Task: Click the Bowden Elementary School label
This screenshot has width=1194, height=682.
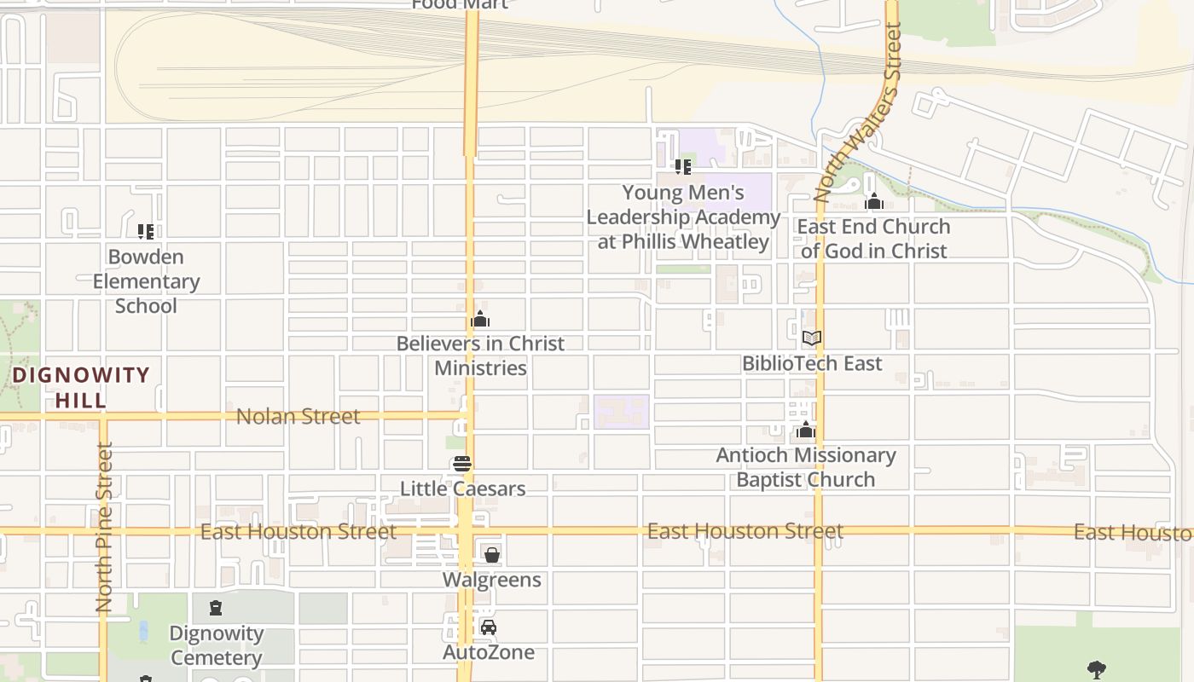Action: [146, 281]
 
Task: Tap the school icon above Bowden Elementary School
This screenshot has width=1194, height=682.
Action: [146, 231]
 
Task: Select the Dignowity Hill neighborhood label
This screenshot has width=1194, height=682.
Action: [81, 387]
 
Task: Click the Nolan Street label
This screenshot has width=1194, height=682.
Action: [298, 417]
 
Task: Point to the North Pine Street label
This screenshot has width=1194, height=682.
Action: [104, 529]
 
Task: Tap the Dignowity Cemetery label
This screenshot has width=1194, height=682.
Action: [216, 645]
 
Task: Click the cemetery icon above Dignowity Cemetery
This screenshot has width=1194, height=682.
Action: [216, 608]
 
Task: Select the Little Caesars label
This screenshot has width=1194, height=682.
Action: [462, 488]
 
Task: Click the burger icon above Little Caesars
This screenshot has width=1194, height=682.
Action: [462, 464]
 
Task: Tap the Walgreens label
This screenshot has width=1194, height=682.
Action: [491, 580]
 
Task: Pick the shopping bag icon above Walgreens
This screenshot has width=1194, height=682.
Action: [491, 555]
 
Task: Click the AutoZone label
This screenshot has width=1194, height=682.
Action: [489, 652]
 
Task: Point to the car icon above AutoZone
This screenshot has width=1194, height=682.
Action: [489, 627]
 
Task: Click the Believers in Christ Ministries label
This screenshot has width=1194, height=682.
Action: [480, 355]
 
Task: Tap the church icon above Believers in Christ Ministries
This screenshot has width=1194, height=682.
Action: [480, 319]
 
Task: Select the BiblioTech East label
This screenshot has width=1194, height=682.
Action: [812, 363]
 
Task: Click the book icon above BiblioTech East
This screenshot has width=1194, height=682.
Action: [812, 338]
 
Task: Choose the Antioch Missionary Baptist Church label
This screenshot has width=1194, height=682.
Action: [806, 467]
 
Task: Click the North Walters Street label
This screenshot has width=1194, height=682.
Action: [857, 111]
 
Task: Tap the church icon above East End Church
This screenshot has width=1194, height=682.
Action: [873, 202]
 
